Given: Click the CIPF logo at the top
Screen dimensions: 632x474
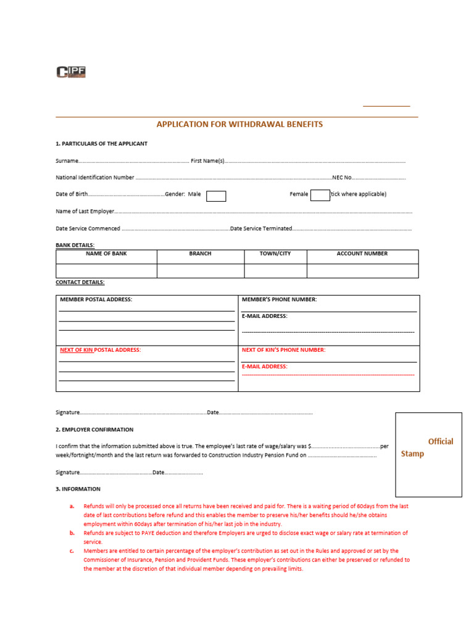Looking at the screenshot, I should [x=71, y=72].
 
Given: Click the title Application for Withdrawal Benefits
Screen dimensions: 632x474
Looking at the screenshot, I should [x=239, y=124].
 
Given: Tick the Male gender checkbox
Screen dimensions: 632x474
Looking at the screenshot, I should [x=216, y=196].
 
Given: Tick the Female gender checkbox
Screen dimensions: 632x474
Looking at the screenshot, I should [x=320, y=196].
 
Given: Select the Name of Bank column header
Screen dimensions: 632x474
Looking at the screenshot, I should [x=106, y=254].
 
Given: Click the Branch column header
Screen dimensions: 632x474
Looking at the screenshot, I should [x=200, y=254].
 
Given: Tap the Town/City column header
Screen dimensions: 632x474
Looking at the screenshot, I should [x=275, y=254].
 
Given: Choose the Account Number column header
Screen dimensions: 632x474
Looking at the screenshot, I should [x=362, y=254].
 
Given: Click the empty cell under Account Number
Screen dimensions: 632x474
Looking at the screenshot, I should [x=362, y=271].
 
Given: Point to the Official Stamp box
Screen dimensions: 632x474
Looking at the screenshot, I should [x=428, y=454].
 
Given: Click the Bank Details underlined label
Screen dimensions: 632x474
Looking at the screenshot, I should [x=75, y=245].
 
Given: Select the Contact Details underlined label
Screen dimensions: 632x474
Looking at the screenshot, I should [x=80, y=282].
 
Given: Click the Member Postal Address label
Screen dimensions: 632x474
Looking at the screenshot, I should [x=96, y=299].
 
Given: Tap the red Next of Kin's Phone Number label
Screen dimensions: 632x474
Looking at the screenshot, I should [x=283, y=350].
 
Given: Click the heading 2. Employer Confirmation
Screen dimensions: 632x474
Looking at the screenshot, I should [x=94, y=430].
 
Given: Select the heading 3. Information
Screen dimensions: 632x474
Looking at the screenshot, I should [x=78, y=489].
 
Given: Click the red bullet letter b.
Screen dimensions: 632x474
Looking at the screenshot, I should [x=72, y=533].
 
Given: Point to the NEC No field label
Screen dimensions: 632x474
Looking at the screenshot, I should [x=342, y=178].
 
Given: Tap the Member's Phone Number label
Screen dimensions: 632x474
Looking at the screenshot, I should [x=279, y=299].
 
